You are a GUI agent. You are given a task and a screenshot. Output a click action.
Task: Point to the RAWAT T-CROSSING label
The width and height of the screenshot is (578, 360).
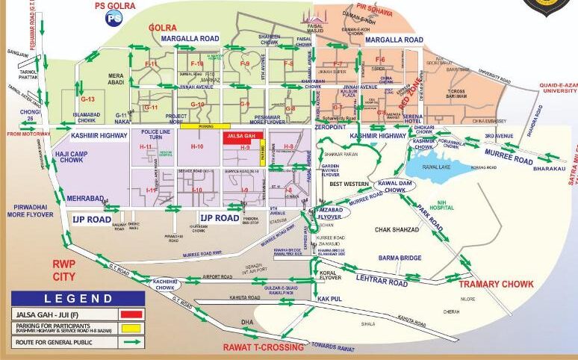click(x=264, y=347)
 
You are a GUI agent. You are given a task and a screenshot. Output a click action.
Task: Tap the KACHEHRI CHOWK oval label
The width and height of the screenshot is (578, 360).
click(x=164, y=284)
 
